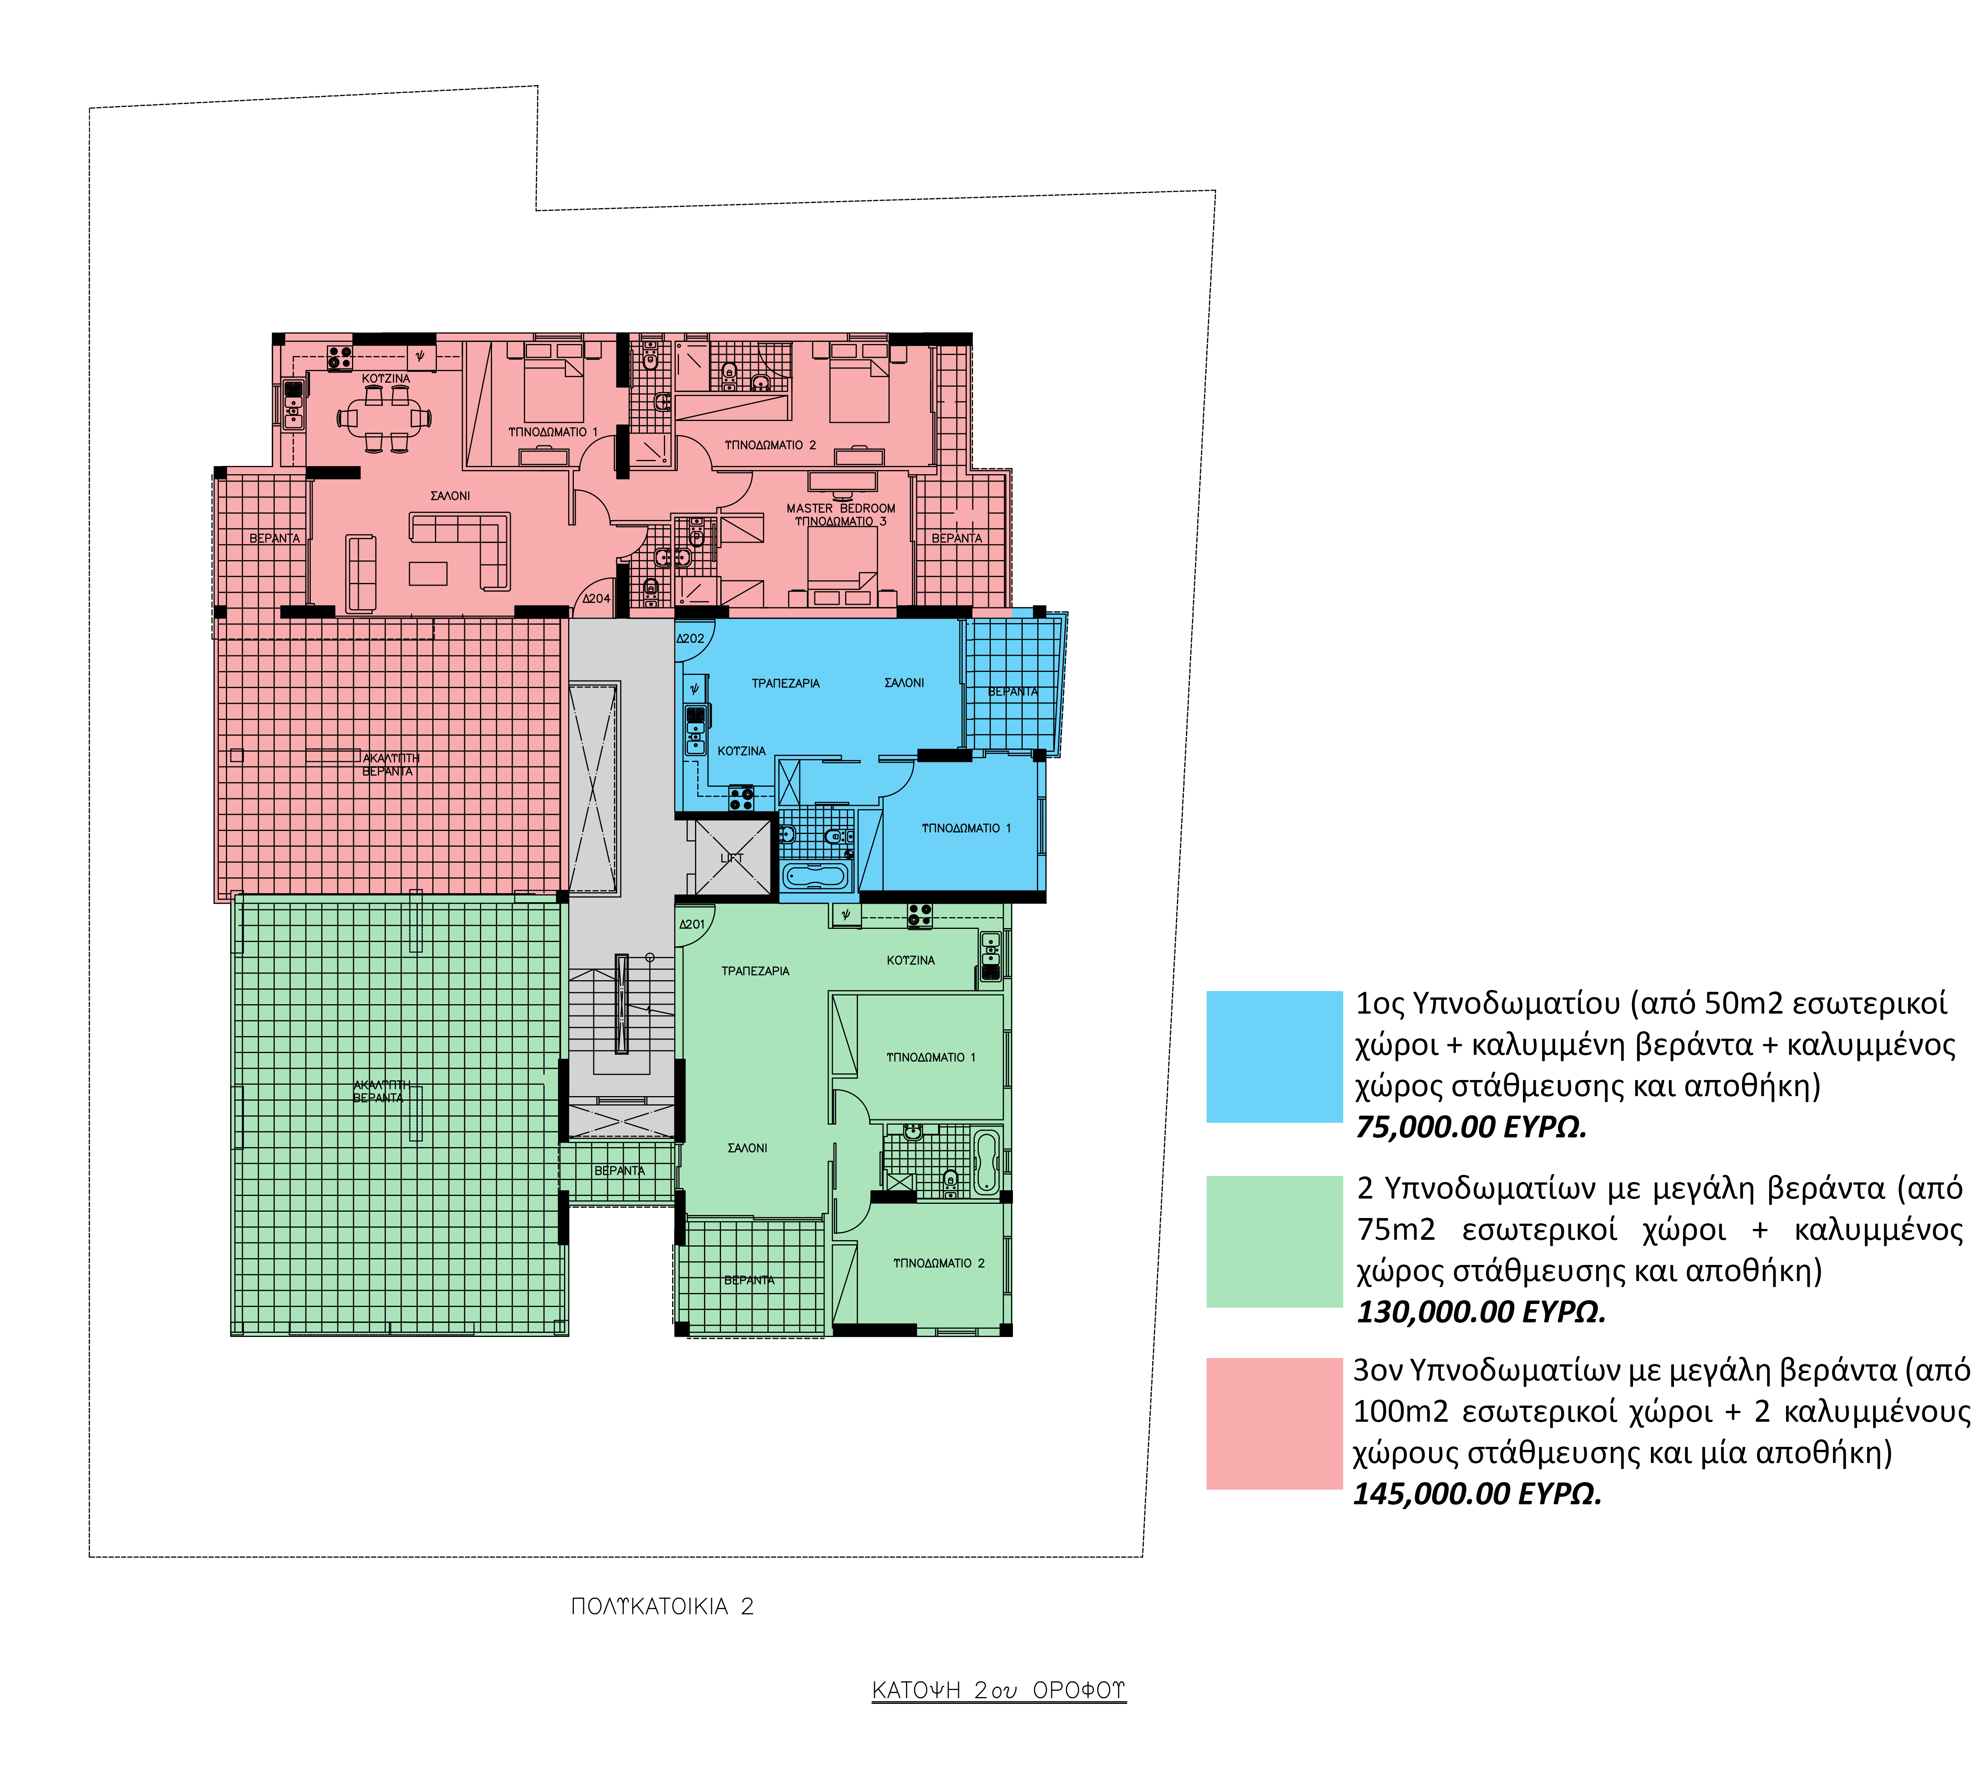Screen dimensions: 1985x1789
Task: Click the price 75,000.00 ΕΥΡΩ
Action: [x=1471, y=1127]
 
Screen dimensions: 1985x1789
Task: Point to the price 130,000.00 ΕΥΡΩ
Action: [x=1481, y=1311]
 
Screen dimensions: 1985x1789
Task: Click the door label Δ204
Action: [x=596, y=598]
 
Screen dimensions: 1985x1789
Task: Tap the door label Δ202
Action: [x=690, y=638]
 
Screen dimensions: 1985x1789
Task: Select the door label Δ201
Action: [x=692, y=924]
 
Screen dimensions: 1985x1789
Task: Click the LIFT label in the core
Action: [x=731, y=857]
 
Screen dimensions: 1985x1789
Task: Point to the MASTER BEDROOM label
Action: [x=841, y=508]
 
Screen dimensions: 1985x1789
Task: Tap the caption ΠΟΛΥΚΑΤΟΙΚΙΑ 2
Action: [x=662, y=1606]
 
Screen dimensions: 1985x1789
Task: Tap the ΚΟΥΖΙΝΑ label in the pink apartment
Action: [x=385, y=379]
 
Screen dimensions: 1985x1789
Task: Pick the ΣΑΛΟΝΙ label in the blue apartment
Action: [x=904, y=682]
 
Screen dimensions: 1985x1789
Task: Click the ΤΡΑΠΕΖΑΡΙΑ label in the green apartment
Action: [x=755, y=971]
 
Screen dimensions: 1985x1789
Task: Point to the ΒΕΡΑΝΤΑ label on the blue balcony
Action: [x=1013, y=692]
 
